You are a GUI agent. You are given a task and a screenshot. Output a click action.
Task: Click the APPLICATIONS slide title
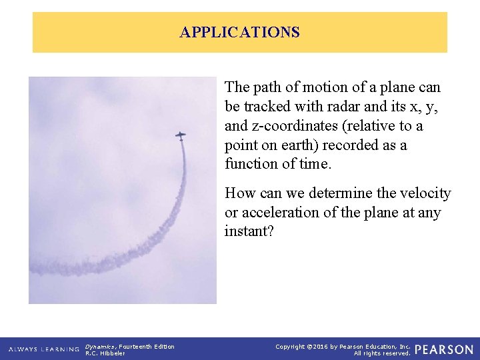pos(240,32)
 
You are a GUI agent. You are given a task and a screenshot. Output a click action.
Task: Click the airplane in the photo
pos(181,135)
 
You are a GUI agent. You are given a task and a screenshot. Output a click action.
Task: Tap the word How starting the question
pos(239,193)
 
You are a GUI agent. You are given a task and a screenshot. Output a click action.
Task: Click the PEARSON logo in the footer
pos(444,349)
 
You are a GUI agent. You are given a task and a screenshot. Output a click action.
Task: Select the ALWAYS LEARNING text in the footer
pos(44,349)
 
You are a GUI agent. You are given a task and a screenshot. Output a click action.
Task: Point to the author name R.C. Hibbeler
pos(105,353)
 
